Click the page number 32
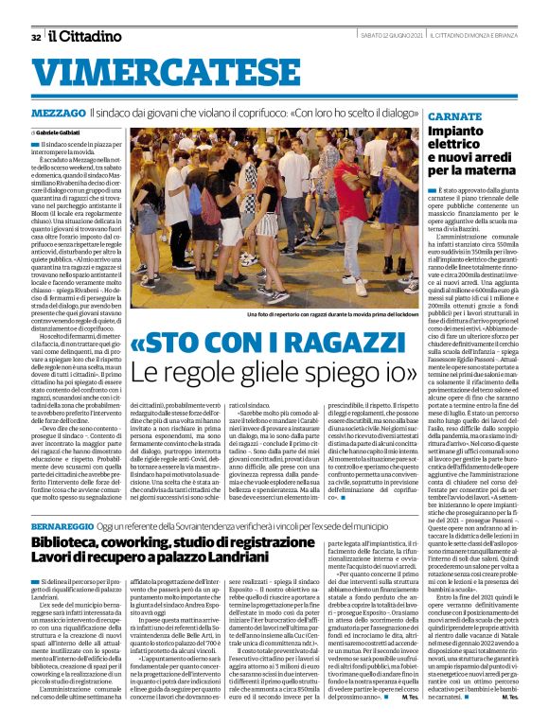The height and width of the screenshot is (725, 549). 35,37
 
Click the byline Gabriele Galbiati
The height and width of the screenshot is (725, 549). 60,131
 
